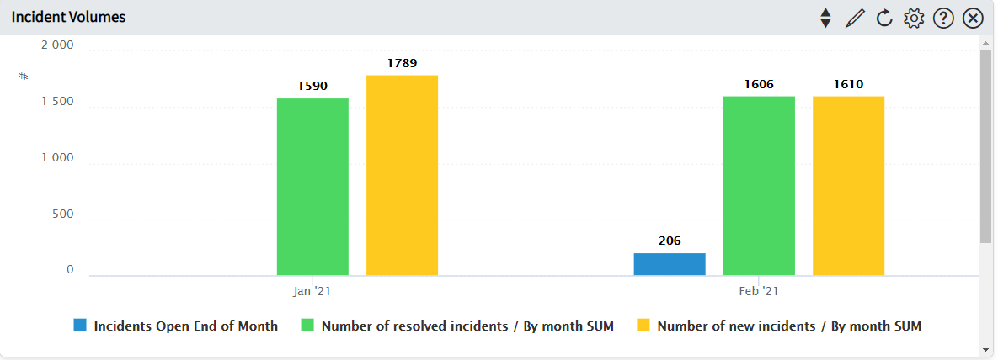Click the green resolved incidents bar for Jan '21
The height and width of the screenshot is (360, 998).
[312, 187]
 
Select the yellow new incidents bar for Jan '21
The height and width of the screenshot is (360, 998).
[402, 175]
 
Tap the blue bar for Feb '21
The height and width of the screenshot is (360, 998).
[670, 264]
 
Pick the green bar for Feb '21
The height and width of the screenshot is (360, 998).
[759, 186]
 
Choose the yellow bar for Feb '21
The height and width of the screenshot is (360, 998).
[848, 186]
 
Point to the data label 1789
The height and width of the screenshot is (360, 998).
[402, 63]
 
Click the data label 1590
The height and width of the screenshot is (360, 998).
[312, 86]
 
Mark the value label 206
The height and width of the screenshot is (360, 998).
[670, 241]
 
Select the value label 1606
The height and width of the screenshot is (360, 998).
[759, 84]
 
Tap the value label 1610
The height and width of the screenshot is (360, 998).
[848, 84]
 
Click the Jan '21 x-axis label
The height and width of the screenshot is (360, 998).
[312, 291]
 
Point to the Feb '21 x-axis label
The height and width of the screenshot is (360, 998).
[759, 291]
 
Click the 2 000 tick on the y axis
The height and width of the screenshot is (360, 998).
[57, 45]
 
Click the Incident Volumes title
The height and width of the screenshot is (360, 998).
[68, 17]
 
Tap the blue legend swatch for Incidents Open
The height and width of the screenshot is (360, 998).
[80, 326]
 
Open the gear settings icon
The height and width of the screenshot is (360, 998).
[913, 18]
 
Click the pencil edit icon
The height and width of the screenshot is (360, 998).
[855, 18]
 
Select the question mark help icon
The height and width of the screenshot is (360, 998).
[943, 18]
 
